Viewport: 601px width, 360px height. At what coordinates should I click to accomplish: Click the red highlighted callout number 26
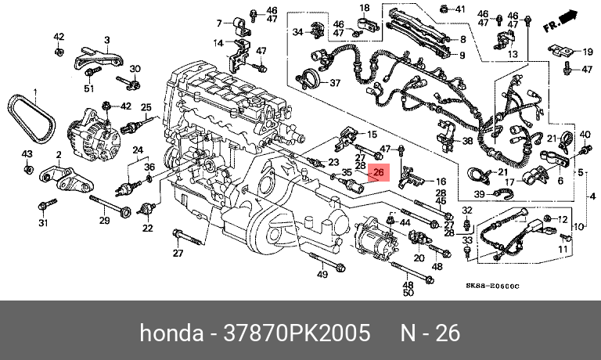coord(379,172)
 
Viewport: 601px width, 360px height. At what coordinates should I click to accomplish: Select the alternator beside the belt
coord(92,135)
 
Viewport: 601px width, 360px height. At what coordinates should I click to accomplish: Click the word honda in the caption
coord(167,333)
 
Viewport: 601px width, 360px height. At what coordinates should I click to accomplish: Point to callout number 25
coord(145,107)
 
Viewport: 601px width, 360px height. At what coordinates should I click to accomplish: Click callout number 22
coord(147,228)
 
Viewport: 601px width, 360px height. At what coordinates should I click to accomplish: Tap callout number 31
coord(44,224)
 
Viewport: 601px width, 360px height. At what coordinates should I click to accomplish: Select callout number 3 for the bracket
coord(108,40)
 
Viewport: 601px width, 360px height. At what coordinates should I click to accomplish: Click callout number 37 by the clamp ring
coord(335,83)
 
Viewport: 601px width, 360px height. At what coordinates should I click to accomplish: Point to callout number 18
coord(364,8)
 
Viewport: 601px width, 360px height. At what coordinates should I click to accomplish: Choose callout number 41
coord(460,9)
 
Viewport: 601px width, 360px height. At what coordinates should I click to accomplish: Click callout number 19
coord(588,52)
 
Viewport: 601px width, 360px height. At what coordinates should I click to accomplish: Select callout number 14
coord(219,42)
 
